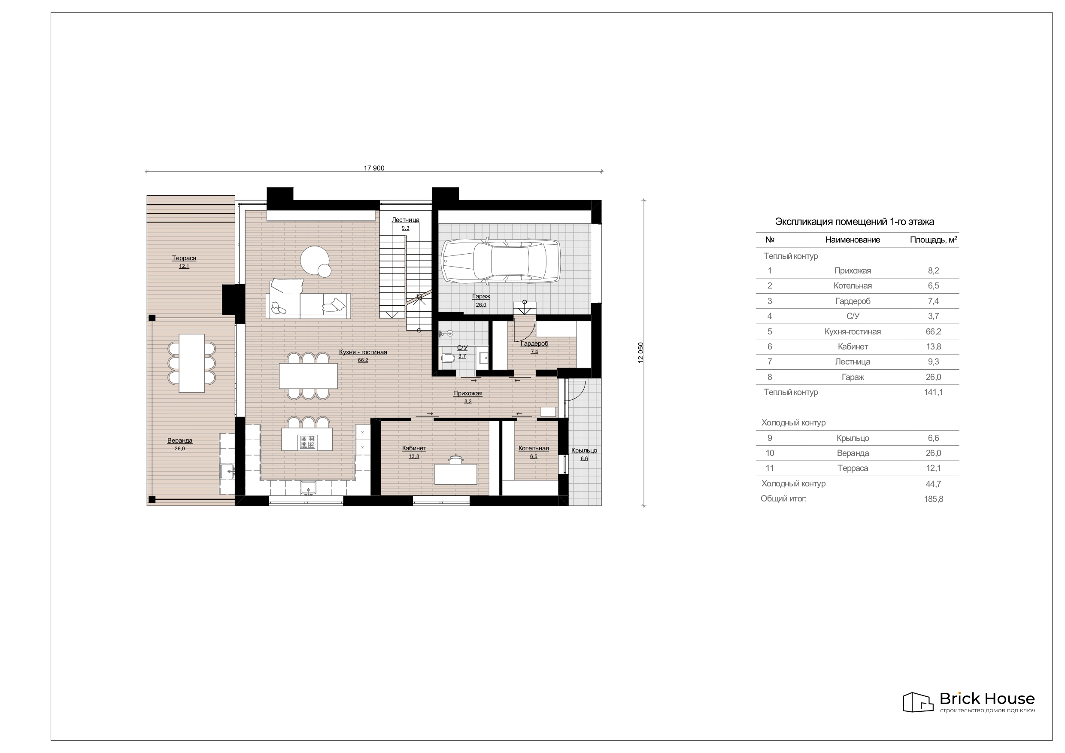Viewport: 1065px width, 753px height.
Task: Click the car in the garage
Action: (501, 261)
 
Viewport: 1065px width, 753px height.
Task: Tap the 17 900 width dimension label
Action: (374, 168)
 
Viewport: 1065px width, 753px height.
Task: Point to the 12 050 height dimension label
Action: (641, 352)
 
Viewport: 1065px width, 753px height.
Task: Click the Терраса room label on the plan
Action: (184, 258)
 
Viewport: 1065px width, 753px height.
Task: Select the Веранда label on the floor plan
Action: (180, 440)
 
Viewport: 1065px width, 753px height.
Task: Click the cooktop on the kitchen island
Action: (307, 442)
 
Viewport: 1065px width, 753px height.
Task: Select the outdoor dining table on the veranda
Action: (191, 363)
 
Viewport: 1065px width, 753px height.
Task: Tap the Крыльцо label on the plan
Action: (584, 450)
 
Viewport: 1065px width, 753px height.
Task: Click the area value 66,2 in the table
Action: (933, 331)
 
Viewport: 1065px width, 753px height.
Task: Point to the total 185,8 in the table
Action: (933, 499)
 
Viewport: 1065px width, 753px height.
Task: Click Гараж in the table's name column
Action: (853, 377)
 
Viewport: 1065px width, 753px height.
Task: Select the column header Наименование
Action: (853, 240)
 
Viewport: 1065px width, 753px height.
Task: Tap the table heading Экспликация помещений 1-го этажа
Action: (854, 222)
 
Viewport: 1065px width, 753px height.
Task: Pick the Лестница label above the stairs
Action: (405, 220)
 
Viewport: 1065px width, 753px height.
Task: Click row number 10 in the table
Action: (770, 453)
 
